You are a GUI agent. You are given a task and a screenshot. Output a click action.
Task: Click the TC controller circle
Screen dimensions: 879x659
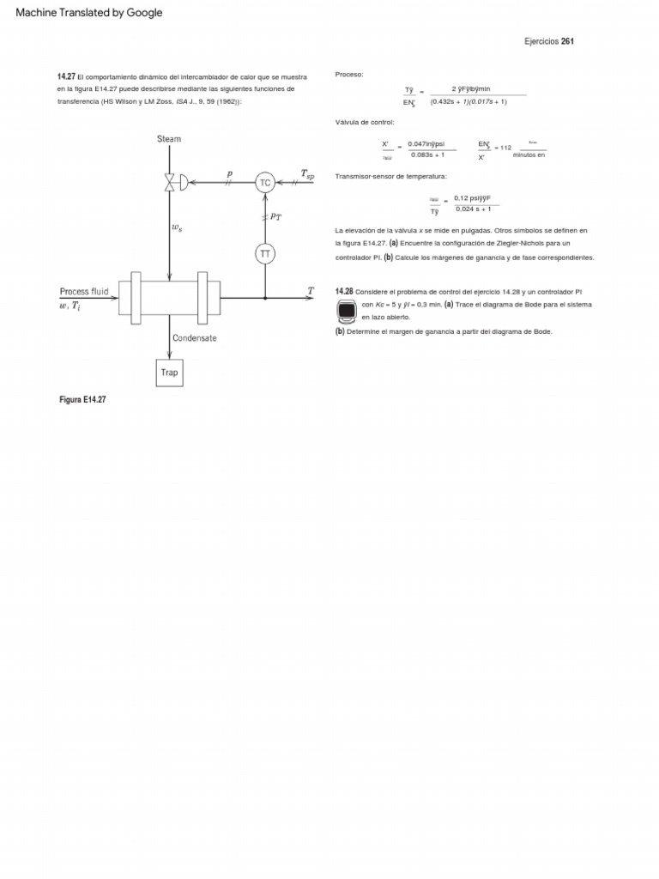pos(264,182)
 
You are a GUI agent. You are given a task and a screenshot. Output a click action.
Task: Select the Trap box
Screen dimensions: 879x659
pos(169,373)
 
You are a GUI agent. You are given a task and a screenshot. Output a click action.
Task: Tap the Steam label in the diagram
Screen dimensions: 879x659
pos(169,138)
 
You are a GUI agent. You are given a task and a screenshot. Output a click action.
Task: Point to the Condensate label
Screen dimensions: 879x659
pos(195,338)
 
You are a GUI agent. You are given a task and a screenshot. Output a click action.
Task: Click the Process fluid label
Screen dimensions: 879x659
pos(84,292)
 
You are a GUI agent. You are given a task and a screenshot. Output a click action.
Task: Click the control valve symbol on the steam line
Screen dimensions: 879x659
pos(171,182)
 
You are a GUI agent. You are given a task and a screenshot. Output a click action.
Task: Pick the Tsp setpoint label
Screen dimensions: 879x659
pos(307,174)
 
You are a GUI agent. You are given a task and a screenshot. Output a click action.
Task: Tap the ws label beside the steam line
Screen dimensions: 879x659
pos(178,227)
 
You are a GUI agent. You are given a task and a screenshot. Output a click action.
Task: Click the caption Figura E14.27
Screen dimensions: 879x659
pos(82,400)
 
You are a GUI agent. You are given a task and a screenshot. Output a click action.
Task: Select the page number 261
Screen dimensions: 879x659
pos(567,41)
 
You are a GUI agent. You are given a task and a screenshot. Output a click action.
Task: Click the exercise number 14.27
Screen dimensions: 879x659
pos(66,76)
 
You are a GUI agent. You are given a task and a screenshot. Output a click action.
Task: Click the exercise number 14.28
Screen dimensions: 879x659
pos(344,292)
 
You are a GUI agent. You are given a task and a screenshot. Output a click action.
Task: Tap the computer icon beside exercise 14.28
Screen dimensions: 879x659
pos(347,312)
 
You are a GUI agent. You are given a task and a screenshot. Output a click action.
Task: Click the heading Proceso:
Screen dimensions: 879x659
pos(349,75)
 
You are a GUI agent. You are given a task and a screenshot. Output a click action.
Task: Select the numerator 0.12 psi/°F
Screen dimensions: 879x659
pos(473,198)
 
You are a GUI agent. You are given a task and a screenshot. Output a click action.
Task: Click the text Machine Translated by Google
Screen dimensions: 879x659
pos(89,13)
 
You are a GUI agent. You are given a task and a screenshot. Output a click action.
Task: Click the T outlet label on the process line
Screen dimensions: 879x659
pos(311,291)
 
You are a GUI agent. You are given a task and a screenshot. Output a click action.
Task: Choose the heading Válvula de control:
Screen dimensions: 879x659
pos(365,122)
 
